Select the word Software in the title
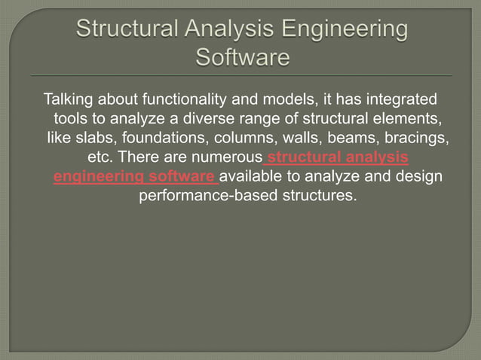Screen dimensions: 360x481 [242, 57]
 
